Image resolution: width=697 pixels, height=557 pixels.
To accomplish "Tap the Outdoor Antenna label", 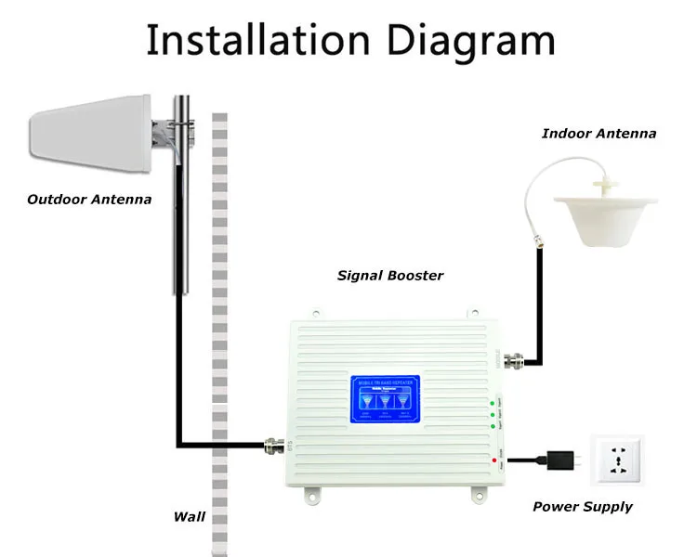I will (89, 199).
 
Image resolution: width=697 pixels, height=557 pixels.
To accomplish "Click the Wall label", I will (190, 517).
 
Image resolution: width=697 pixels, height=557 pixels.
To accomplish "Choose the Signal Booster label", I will (389, 276).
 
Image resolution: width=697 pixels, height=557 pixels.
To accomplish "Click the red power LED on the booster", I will (491, 460).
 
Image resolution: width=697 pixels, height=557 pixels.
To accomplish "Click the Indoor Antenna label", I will (598, 134).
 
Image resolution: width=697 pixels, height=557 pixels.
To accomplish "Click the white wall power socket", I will (624, 458).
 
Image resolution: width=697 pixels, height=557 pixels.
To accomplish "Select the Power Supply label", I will (582, 507).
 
